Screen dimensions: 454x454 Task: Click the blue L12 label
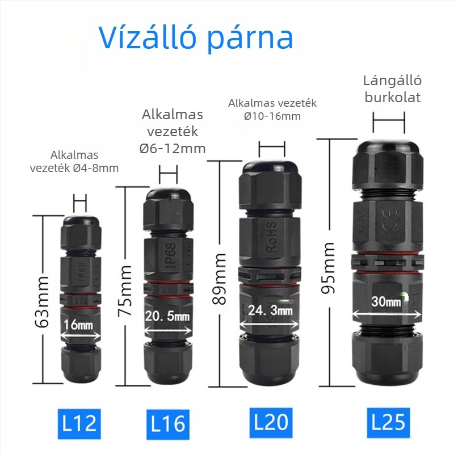[x=80, y=423]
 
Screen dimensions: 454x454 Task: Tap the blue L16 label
[x=168, y=423]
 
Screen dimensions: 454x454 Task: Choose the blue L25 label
[x=388, y=422]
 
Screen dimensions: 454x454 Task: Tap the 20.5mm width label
[x=168, y=316]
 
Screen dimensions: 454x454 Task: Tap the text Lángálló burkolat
[x=392, y=89]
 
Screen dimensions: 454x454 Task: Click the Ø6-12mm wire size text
[x=173, y=148]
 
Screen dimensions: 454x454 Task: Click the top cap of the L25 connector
[x=389, y=142]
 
